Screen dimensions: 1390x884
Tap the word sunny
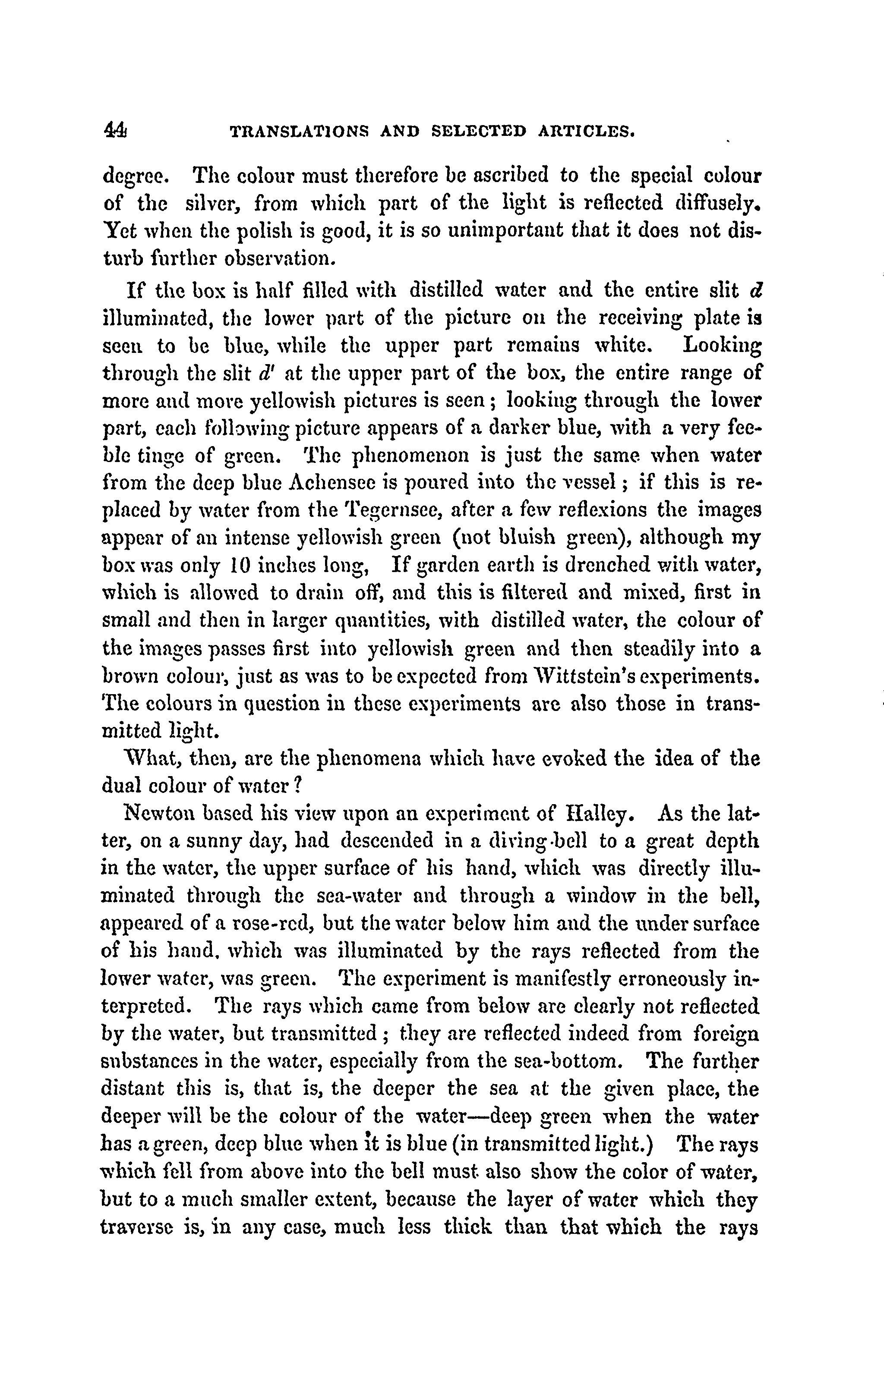(x=195, y=843)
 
